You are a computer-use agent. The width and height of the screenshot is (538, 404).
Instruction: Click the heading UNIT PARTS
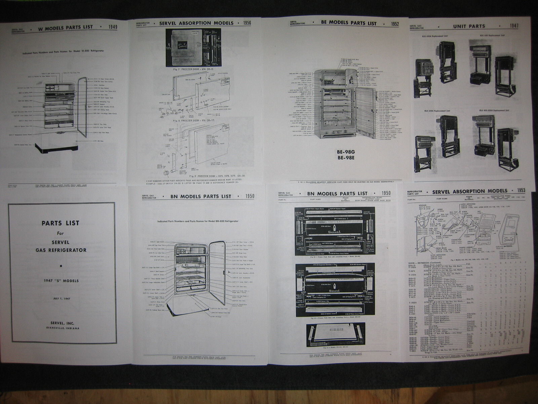tap(469, 26)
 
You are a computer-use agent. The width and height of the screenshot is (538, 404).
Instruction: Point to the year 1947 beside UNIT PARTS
tap(514, 26)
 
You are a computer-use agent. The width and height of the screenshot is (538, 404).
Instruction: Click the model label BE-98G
tap(337, 152)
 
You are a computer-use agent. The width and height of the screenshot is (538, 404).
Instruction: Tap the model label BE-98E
tap(337, 157)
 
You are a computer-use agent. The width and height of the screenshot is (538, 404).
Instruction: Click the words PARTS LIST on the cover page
tap(61, 223)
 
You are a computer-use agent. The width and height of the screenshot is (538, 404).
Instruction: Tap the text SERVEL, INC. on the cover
tap(61, 323)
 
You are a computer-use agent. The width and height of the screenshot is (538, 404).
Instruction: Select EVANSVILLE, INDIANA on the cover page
tap(61, 328)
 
